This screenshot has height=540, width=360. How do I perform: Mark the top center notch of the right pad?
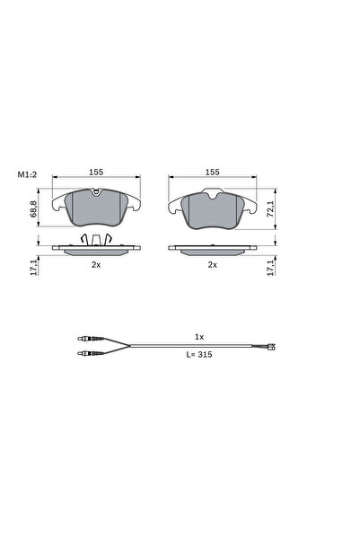point(213,192)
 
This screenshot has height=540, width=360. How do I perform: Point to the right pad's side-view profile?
point(213,251)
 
